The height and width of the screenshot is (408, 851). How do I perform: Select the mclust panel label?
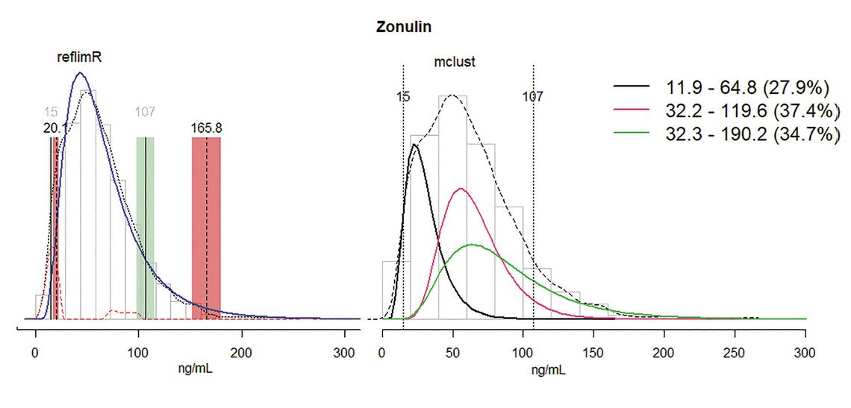[x=455, y=63]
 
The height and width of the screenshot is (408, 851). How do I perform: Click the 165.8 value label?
[x=207, y=128]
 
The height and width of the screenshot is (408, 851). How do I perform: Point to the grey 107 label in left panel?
[x=144, y=113]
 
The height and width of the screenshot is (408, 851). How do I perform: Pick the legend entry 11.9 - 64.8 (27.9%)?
[x=739, y=88]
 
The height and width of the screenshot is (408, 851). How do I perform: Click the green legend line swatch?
[x=632, y=134]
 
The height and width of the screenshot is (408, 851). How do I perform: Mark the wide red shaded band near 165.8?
[x=206, y=227]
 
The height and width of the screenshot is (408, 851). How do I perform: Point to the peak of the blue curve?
[x=81, y=73]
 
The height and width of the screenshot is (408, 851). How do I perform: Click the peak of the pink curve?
[x=461, y=189]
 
